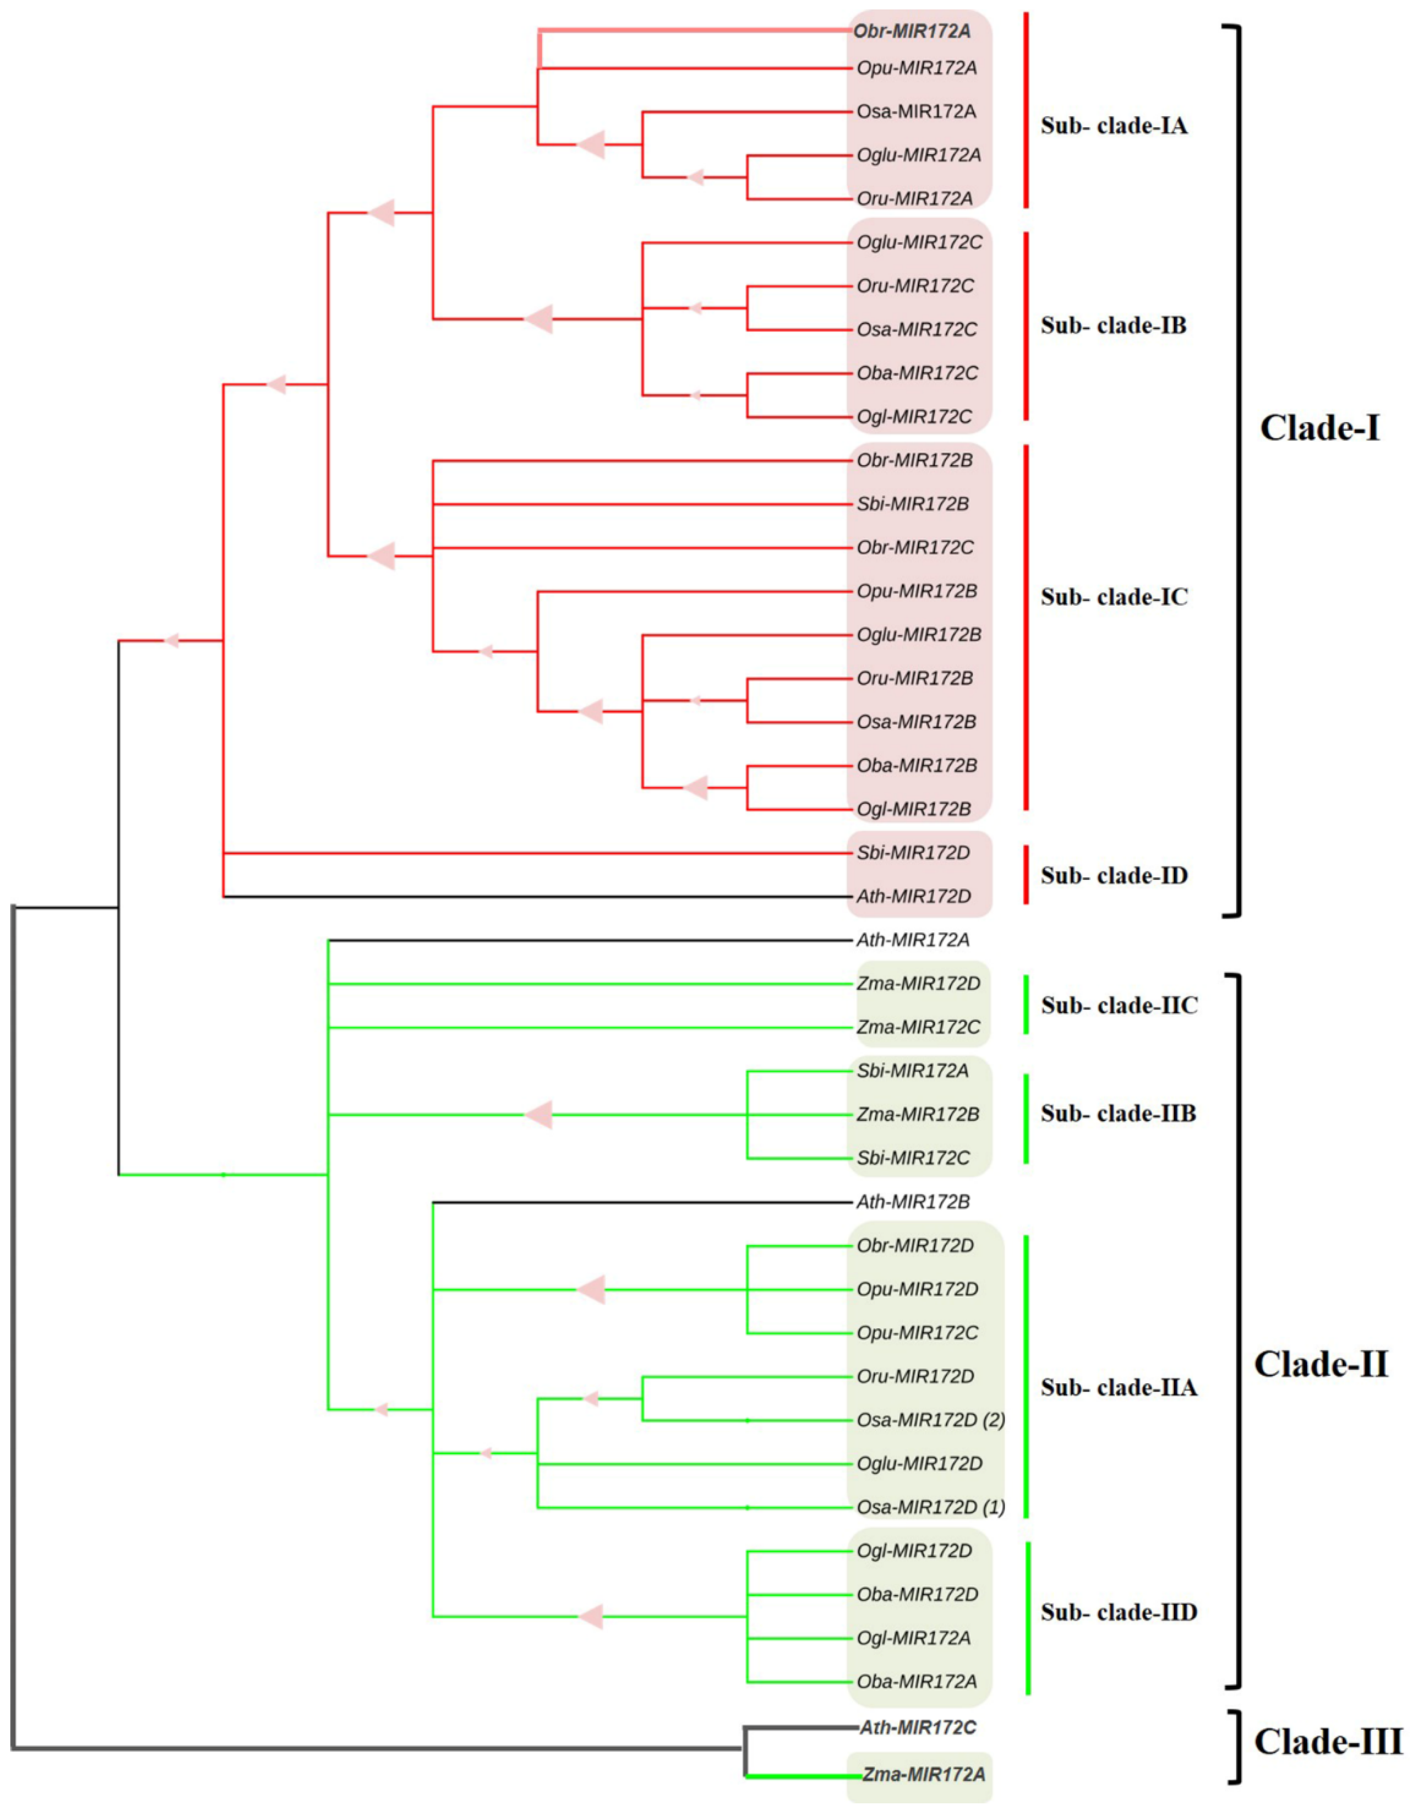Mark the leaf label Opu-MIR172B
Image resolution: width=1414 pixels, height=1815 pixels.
click(x=916, y=591)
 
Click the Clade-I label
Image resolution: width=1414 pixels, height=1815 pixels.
click(x=1319, y=428)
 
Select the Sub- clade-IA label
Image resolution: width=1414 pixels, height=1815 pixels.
click(x=1114, y=126)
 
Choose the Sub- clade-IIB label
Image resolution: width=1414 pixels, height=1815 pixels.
click(x=1118, y=1113)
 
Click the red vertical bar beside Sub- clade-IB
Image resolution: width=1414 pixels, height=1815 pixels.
click(x=1027, y=326)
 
